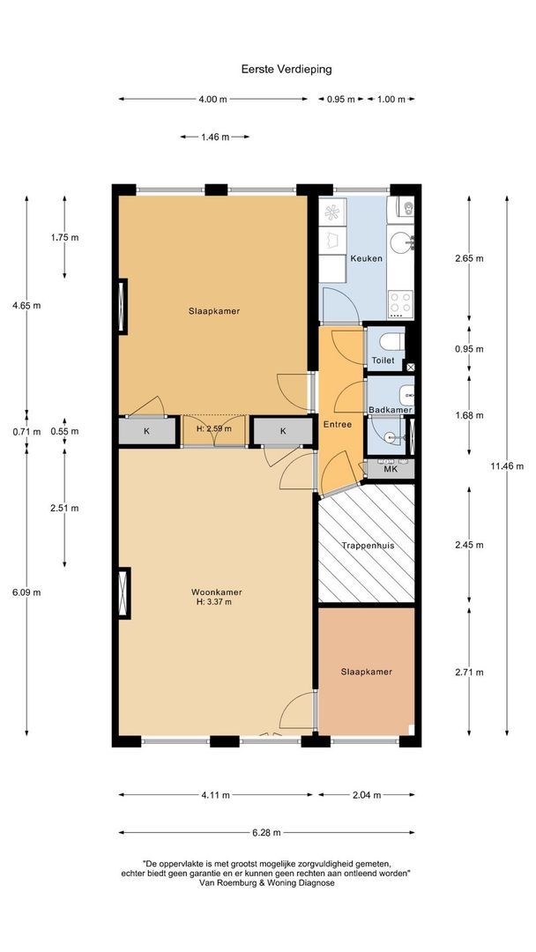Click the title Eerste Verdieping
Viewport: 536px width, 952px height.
[287, 70]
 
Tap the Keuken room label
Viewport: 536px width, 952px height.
[366, 258]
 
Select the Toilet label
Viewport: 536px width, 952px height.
[383, 361]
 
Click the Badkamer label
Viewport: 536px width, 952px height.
[391, 411]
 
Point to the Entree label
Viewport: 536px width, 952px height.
[338, 424]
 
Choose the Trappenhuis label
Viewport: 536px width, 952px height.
[368, 546]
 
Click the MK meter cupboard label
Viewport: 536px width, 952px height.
[391, 469]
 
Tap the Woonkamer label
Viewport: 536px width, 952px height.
[217, 592]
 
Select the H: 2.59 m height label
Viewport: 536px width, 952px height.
[213, 428]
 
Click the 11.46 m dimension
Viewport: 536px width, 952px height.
[507, 466]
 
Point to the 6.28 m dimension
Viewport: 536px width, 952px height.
[266, 832]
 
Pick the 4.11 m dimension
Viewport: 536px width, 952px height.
[215, 795]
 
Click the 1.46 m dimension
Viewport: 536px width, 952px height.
[215, 138]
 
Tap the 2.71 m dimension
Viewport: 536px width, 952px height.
[469, 672]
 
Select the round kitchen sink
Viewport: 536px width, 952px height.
[401, 243]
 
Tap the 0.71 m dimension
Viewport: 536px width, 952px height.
[26, 432]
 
